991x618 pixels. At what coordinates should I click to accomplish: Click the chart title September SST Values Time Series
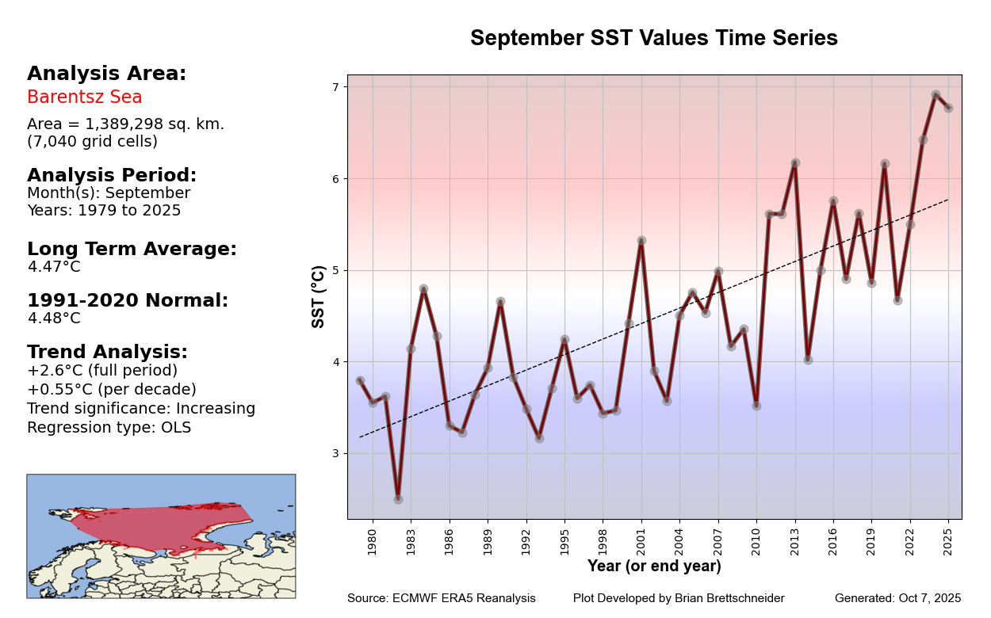653,38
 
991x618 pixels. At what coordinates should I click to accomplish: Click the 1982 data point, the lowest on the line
398,499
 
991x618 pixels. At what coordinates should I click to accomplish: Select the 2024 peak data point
936,94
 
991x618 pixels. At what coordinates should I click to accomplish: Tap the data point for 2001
641,240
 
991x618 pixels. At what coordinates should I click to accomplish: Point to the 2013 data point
795,162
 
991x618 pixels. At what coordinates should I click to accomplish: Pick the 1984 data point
423,289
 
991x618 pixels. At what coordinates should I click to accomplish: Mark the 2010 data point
756,406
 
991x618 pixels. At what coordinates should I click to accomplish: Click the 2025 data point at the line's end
948,108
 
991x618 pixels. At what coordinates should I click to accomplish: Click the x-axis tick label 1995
564,541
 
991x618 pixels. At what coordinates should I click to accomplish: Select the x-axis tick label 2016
833,541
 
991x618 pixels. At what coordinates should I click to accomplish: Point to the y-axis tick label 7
335,87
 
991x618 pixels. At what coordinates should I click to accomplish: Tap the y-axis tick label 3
335,454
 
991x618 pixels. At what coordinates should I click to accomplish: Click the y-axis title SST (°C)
319,296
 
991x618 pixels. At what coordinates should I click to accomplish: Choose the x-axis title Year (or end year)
654,566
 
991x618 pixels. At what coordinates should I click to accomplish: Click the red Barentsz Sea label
85,97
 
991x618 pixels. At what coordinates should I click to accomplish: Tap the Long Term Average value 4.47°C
54,267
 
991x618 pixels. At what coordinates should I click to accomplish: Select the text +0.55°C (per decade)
112,390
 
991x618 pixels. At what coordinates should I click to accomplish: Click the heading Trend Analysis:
107,352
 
